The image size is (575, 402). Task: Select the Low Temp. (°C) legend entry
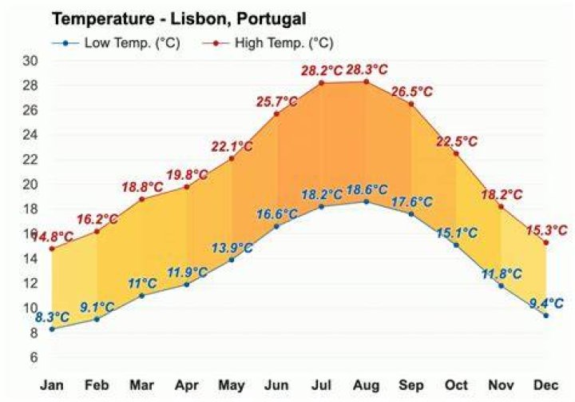coord(116,43)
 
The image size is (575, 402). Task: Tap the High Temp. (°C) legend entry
coord(268,43)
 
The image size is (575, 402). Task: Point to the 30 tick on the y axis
coord(30,61)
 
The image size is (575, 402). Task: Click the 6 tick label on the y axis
coord(34,356)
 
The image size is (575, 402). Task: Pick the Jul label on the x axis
coord(321,385)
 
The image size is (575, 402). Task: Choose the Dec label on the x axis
coord(546,385)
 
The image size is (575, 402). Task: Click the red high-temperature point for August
coord(366,82)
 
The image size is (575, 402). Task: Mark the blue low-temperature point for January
coord(52,329)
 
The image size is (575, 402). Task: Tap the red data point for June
coord(276,113)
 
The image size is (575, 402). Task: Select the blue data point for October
coord(456,245)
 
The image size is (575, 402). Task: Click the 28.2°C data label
coord(322,70)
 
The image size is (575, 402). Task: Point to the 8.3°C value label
coord(52,316)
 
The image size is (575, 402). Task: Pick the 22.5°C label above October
coord(457,141)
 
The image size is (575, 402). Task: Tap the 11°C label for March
coord(142,284)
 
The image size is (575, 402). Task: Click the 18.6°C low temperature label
coord(367,189)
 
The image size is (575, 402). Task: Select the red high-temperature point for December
coord(546,243)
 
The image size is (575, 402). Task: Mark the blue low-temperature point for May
coord(232,260)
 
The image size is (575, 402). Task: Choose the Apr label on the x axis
coord(187,385)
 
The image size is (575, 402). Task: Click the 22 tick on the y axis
coord(30,159)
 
